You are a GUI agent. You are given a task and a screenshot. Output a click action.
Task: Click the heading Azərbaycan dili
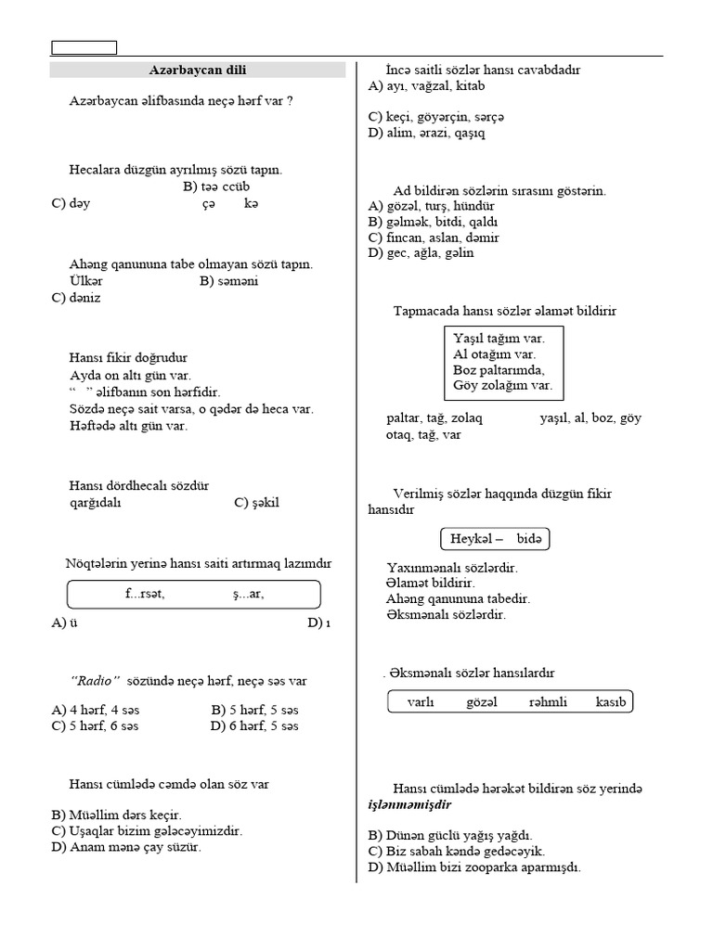click(x=198, y=70)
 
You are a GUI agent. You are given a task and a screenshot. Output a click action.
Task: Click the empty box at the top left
click(x=84, y=47)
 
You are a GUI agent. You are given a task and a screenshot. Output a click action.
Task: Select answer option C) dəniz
click(x=76, y=298)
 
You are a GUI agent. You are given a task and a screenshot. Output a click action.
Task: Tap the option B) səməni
click(x=228, y=280)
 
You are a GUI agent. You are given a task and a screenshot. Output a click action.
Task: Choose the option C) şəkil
click(x=256, y=503)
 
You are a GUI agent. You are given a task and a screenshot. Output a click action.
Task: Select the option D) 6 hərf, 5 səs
click(x=254, y=726)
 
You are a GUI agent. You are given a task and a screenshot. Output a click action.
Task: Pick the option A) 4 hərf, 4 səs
click(x=96, y=711)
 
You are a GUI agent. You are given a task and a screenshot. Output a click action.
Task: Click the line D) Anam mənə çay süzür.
click(x=126, y=847)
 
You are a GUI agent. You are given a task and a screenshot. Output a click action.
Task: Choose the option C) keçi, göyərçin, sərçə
click(x=436, y=117)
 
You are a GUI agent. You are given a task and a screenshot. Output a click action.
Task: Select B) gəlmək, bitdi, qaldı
click(x=434, y=222)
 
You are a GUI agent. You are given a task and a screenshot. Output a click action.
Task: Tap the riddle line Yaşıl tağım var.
click(x=499, y=339)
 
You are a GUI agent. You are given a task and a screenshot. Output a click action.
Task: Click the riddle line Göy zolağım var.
click(x=502, y=384)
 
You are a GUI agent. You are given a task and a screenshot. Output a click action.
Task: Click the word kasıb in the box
click(x=612, y=701)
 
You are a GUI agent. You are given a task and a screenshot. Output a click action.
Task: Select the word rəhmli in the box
click(x=548, y=701)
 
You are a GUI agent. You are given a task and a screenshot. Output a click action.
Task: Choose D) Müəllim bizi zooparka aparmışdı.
click(x=474, y=867)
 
